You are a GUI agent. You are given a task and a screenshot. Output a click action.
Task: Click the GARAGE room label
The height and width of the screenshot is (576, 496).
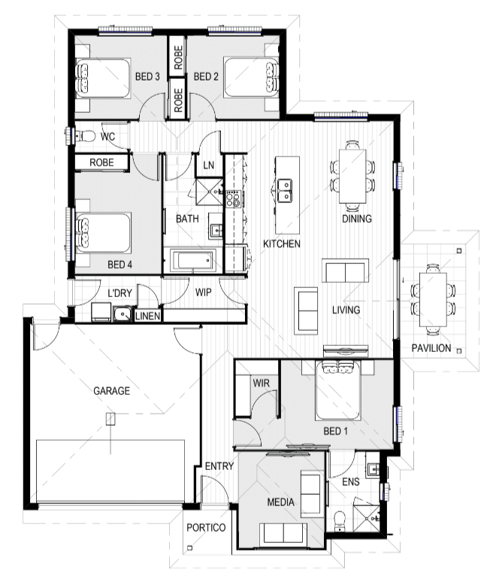pyautogui.click(x=112, y=390)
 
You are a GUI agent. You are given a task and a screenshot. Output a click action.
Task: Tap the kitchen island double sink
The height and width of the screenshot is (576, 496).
pyautogui.click(x=285, y=191)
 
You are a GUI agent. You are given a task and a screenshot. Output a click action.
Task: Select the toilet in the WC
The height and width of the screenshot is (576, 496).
pyautogui.click(x=86, y=136)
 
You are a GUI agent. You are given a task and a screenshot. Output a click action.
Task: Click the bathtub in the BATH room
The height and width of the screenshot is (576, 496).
pyautogui.click(x=193, y=260)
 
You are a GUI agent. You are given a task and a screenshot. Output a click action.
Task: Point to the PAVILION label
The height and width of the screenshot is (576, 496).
pyautogui.click(x=431, y=348)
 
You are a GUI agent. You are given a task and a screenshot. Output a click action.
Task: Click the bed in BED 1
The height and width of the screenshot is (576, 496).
pyautogui.click(x=337, y=390)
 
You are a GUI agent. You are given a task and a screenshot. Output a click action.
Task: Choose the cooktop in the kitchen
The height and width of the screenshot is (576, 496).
pyautogui.click(x=233, y=199)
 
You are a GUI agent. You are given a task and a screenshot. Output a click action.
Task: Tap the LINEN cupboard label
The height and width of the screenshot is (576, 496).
pyautogui.click(x=147, y=316)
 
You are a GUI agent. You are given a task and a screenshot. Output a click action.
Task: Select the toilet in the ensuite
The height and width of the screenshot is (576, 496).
pyautogui.click(x=340, y=521)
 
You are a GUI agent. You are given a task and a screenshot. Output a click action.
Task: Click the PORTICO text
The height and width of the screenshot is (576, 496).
pyautogui.click(x=206, y=528)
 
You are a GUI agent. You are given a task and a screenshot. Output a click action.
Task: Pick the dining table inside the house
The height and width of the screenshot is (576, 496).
pyautogui.click(x=352, y=176)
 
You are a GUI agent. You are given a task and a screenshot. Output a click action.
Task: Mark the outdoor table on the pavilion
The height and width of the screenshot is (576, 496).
pyautogui.click(x=433, y=299)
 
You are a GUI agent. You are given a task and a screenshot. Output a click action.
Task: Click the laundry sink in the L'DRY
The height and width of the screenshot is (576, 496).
pyautogui.click(x=122, y=314)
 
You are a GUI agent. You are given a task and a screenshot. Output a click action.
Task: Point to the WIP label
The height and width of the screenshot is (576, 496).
pyautogui.click(x=203, y=293)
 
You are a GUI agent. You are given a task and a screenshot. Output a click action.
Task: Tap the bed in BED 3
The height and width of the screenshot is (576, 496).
pyautogui.click(x=103, y=78)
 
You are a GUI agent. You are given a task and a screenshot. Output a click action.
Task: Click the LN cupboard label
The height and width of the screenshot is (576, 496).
pyautogui.click(x=208, y=165)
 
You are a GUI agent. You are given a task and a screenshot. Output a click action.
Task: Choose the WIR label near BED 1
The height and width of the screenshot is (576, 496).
pyautogui.click(x=261, y=383)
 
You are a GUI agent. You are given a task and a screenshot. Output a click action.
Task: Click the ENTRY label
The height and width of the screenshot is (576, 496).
pyautogui.click(x=219, y=466)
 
